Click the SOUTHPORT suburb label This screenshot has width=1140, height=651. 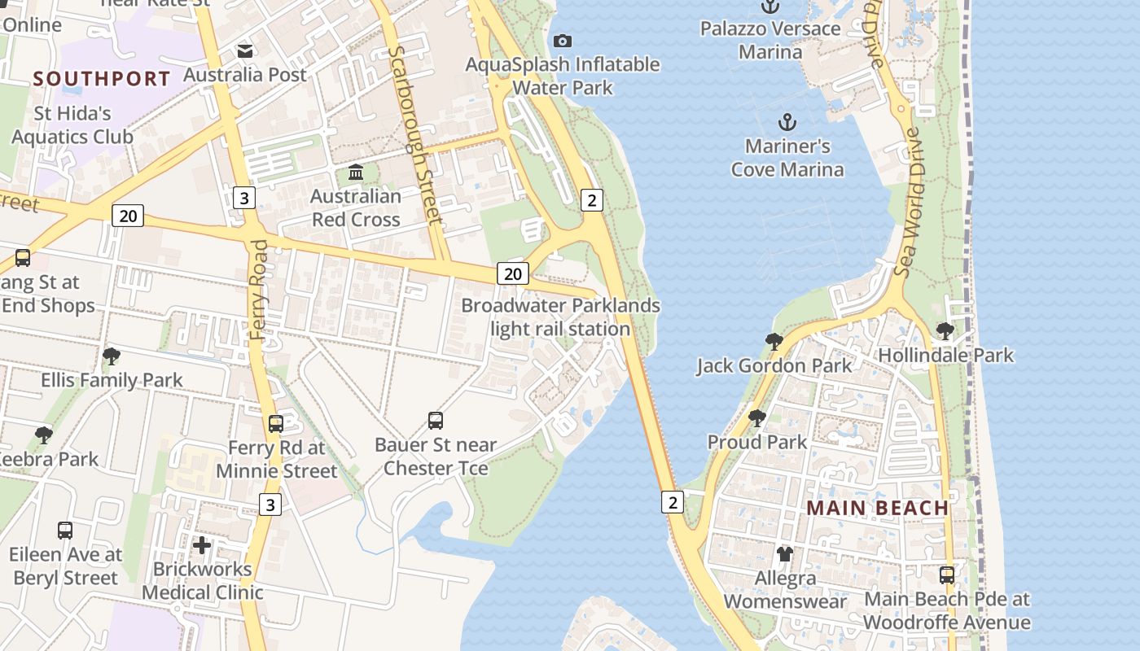(x=102, y=79)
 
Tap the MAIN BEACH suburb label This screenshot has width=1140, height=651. (x=878, y=508)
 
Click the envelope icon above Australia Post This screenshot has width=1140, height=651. (x=245, y=51)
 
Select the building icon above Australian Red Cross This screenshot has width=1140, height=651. (x=356, y=173)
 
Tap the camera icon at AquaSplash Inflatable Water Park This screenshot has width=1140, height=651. (x=562, y=41)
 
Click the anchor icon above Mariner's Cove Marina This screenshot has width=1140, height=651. (x=787, y=123)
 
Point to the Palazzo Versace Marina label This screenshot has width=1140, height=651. (x=770, y=40)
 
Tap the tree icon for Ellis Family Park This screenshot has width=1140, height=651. (x=112, y=356)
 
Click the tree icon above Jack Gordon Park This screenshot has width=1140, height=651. (x=774, y=342)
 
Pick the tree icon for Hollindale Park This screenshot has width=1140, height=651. (x=945, y=331)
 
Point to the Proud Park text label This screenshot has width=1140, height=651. (x=757, y=442)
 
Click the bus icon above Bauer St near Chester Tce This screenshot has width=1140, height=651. (x=436, y=421)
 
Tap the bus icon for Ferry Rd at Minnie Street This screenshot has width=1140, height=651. (x=276, y=424)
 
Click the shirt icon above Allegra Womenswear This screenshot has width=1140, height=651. (x=785, y=554)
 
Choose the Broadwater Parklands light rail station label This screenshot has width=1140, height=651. (x=561, y=317)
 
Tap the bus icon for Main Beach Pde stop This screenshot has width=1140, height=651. (x=947, y=575)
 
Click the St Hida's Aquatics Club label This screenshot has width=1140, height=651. (x=72, y=125)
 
